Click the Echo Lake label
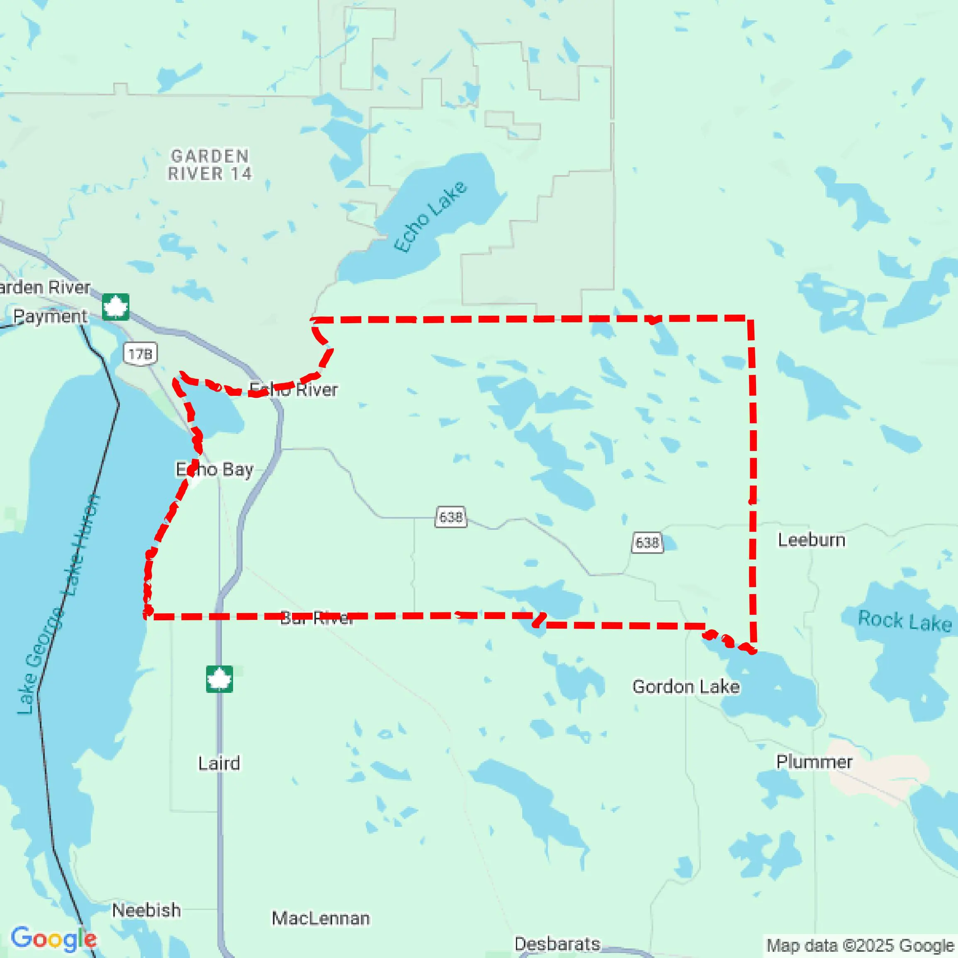430,217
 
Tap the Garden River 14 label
210,165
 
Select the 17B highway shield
140,354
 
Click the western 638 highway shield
450,517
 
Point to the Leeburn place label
811,540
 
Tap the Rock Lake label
905,621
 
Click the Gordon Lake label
686,687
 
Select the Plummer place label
814,761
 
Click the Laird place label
219,763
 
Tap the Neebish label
146,910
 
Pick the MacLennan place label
320,918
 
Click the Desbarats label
557,943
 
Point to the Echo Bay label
215,469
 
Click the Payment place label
50,316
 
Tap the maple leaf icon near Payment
116,307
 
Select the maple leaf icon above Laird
219,679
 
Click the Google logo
53,938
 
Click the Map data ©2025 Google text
860,945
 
